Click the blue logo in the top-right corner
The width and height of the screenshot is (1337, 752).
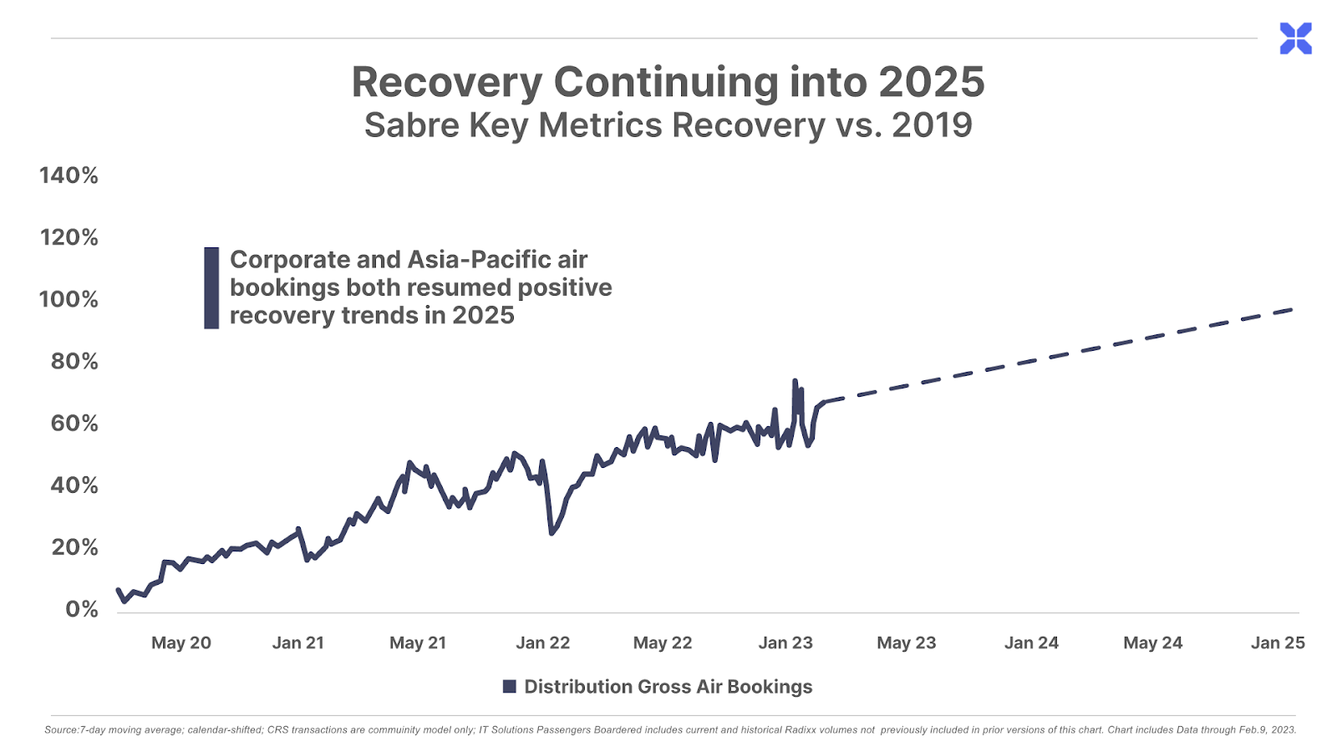1295,38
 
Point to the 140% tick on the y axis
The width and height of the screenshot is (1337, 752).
69,175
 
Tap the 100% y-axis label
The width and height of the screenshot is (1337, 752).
69,299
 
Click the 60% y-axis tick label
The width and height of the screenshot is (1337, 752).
74,424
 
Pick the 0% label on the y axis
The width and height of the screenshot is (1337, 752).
81,609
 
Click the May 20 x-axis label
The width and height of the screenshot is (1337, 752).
180,643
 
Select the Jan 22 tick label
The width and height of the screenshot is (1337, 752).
542,643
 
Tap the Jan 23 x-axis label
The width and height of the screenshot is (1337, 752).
785,643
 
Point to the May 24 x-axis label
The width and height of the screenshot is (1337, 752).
1152,643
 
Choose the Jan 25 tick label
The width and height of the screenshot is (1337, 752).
1277,643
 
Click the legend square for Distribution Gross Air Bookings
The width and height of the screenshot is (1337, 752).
509,687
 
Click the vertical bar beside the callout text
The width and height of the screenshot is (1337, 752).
211,287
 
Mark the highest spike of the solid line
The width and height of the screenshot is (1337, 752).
795,381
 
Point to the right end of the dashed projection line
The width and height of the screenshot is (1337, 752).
1292,309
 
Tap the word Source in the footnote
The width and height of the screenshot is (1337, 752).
60,729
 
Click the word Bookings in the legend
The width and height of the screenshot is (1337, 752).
770,687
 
